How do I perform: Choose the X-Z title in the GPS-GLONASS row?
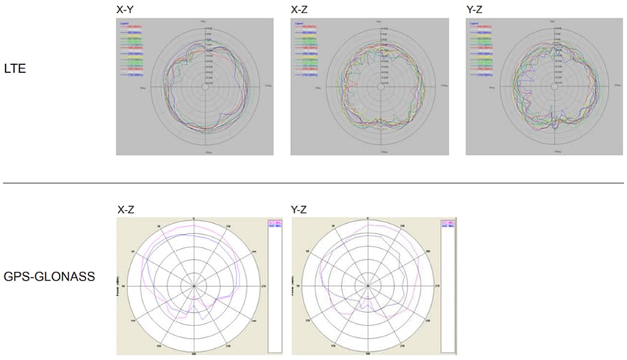coord(126,210)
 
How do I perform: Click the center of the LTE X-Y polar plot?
coord(205,87)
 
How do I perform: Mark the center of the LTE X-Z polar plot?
coord(380,87)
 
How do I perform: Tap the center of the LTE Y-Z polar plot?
coord(555,87)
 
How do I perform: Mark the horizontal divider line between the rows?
coord(313,183)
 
